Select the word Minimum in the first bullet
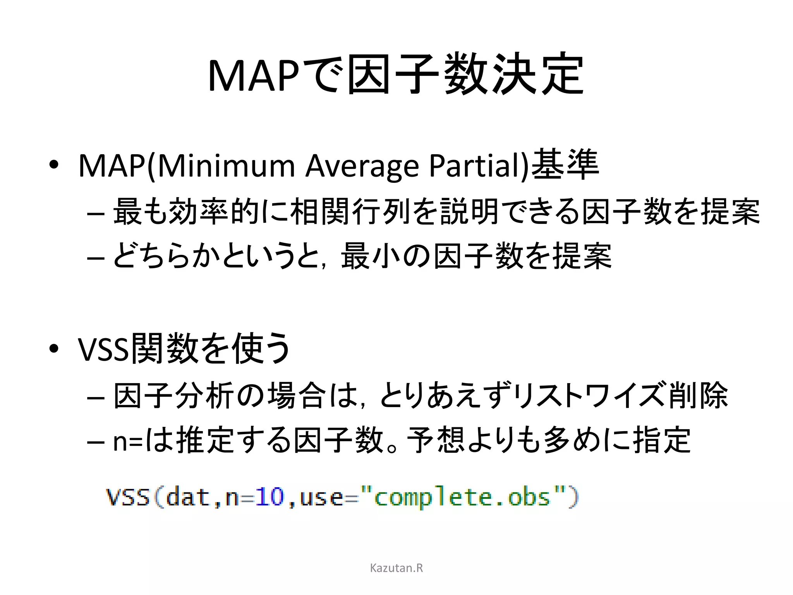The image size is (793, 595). tap(226, 166)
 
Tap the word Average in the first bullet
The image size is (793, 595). tap(362, 166)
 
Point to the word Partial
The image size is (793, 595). tap(475, 166)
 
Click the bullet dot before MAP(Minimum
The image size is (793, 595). tap(54, 165)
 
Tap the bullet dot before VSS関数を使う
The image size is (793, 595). tap(54, 349)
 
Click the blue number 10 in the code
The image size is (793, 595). tap(270, 497)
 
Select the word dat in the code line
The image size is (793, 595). tap(187, 497)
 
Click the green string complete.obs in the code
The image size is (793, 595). tap(462, 497)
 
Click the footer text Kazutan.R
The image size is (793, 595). tap(396, 568)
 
